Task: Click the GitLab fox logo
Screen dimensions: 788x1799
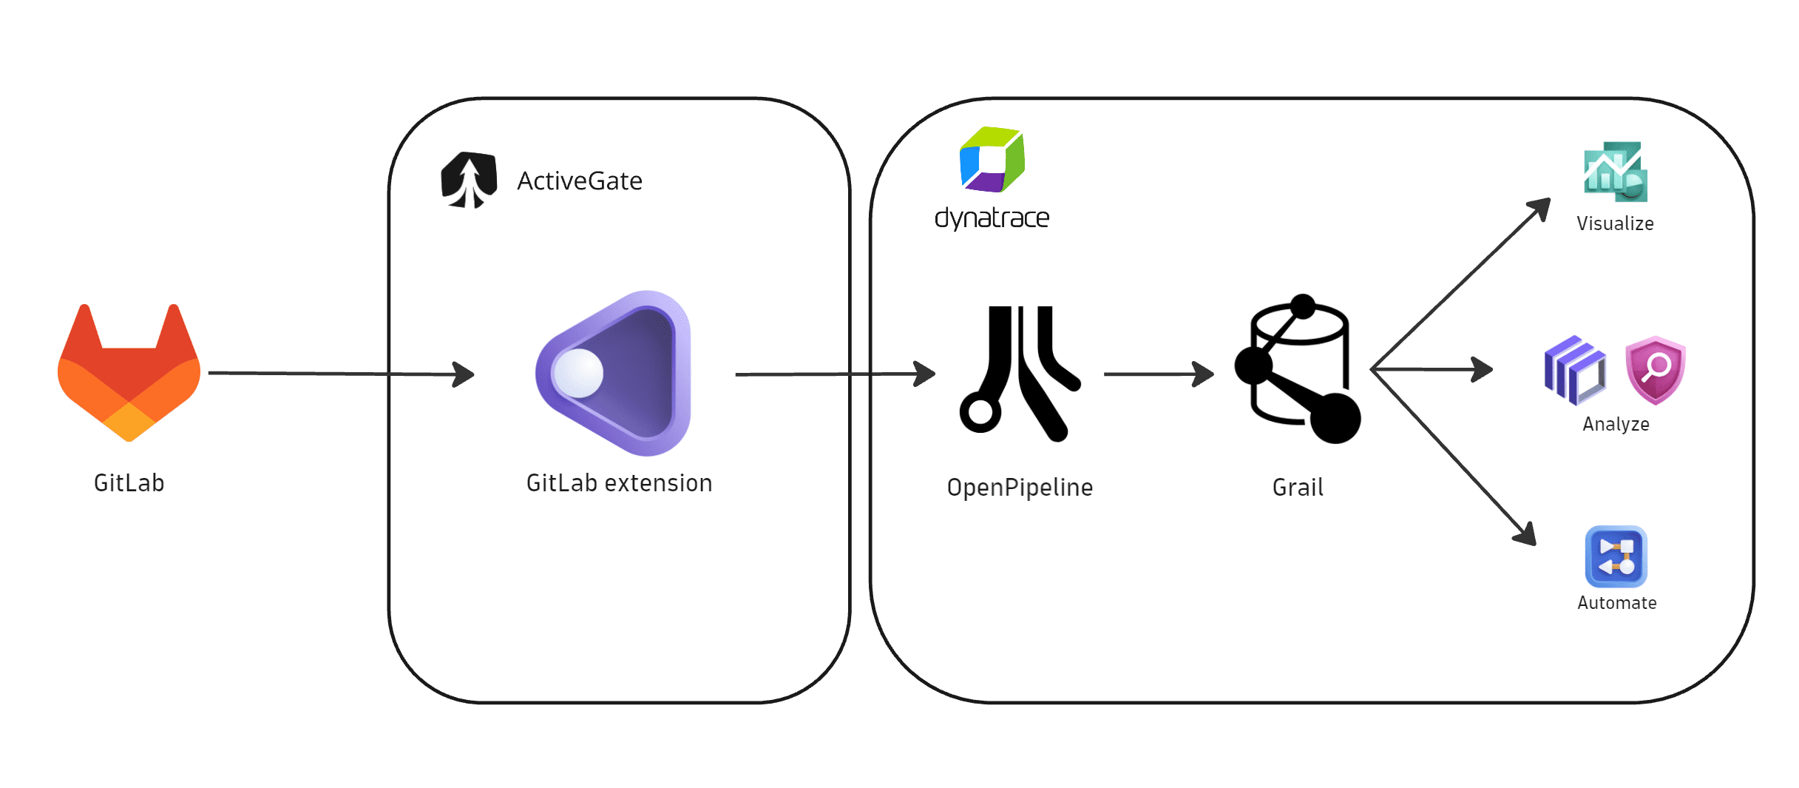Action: click(129, 374)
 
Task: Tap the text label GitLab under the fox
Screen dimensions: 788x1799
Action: click(129, 483)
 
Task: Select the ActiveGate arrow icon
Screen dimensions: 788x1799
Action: click(468, 181)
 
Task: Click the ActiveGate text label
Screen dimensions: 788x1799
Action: click(580, 181)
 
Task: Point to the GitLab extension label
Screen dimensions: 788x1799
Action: click(619, 483)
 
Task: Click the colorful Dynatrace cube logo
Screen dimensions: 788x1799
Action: click(992, 160)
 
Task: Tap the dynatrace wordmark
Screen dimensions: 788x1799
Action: click(992, 218)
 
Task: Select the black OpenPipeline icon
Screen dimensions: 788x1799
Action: click(1020, 374)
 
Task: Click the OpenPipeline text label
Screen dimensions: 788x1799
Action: click(1020, 488)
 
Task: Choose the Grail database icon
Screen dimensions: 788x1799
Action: click(1298, 370)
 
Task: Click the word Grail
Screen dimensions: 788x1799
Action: click(1298, 488)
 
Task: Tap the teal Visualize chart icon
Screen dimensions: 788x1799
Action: click(1616, 172)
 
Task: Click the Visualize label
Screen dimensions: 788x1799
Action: click(1615, 223)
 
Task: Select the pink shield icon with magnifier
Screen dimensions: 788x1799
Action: click(1656, 370)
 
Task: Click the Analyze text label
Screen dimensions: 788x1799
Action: click(1616, 424)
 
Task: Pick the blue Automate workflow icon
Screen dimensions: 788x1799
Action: click(1616, 556)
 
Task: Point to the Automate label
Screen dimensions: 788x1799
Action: click(1616, 603)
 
